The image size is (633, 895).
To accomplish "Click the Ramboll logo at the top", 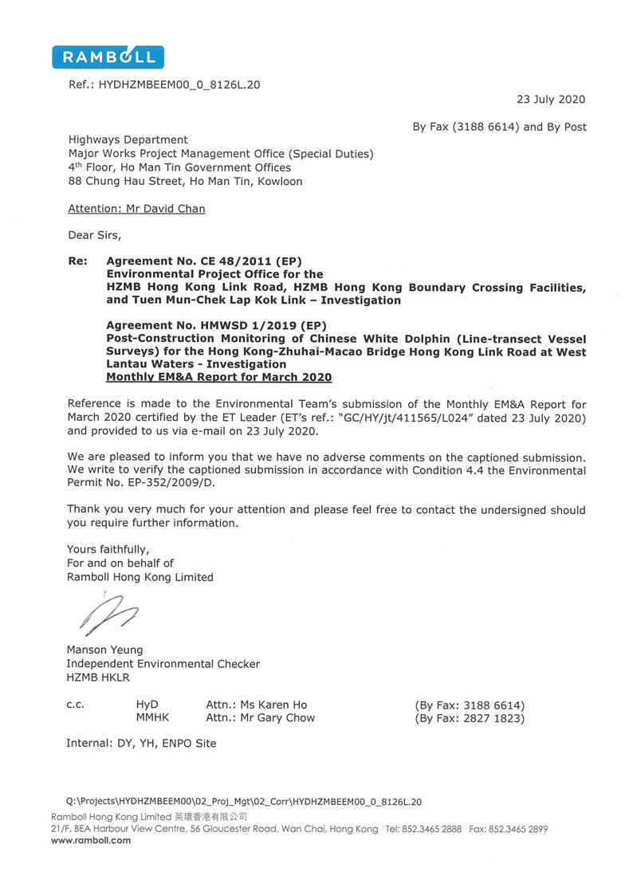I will tap(108, 57).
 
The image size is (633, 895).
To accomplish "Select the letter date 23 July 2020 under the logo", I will tap(551, 100).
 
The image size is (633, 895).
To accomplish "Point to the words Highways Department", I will tap(128, 139).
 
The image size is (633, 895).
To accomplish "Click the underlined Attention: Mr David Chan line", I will tap(136, 209).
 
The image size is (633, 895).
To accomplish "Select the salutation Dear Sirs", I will tap(94, 235).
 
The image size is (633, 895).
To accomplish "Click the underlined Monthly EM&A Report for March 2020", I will tap(219, 378).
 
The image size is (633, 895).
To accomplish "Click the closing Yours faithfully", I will tap(108, 550).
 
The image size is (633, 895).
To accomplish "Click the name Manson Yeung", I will tap(105, 650).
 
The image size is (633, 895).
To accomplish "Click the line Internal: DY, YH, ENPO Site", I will tap(141, 744).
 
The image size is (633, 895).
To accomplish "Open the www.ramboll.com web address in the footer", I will tap(91, 840).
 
